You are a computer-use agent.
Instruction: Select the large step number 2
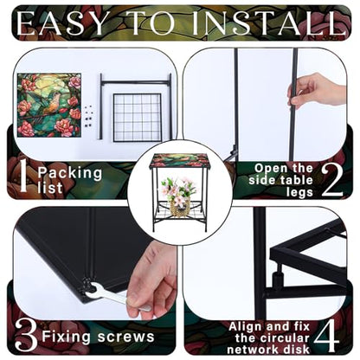[x=331, y=181]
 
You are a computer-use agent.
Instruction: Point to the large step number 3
[x=27, y=336]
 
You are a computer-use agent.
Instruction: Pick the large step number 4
[x=326, y=335]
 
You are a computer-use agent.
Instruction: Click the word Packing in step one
[x=70, y=173]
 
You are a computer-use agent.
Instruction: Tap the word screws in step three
[x=125, y=337]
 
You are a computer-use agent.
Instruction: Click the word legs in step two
[x=299, y=193]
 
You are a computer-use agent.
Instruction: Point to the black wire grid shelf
[x=137, y=117]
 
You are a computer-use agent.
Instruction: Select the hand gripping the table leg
[x=315, y=89]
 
